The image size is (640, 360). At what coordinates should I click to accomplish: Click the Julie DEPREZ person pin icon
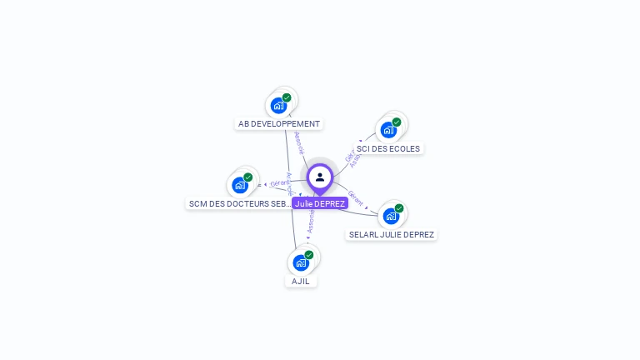(x=320, y=177)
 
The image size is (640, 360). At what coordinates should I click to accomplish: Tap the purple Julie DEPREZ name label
(x=320, y=203)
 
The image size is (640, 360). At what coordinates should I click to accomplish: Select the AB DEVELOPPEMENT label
(x=279, y=124)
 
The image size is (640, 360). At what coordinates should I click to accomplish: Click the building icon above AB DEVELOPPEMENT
(x=278, y=106)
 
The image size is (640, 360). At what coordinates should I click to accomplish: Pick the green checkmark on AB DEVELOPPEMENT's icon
(x=287, y=97)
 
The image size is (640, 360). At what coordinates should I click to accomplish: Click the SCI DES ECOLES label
(x=388, y=148)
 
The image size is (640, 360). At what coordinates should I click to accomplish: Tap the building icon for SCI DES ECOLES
(x=388, y=130)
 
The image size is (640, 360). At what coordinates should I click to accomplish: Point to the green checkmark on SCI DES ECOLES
(x=397, y=122)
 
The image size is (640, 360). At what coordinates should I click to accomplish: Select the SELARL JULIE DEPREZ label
(x=392, y=235)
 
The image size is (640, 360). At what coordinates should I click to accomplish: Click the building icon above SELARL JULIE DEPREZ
(x=391, y=217)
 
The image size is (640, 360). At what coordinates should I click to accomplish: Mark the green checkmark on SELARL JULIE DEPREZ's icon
(x=399, y=208)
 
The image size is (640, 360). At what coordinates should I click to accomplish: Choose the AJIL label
(x=301, y=282)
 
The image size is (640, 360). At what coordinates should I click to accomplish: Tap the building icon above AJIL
(x=301, y=263)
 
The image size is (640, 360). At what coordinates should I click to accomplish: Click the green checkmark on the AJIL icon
(x=309, y=255)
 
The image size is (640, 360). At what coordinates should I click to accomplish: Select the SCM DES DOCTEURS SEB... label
(x=240, y=203)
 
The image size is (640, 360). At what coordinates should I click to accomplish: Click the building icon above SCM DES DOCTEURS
(x=240, y=185)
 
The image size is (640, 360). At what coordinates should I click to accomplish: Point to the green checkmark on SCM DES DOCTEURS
(x=248, y=177)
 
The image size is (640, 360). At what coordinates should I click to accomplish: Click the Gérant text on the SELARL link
(x=356, y=198)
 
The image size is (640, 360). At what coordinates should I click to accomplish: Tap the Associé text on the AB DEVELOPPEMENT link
(x=300, y=142)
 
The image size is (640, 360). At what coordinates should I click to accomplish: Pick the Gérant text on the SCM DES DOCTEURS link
(x=279, y=183)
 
